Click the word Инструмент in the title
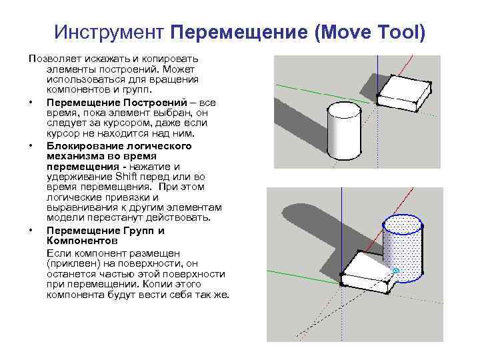coord(110,32)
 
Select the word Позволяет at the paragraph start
coord(52,59)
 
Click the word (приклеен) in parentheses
coord(72,263)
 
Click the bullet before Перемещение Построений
coord(31,103)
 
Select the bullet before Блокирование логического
coord(31,146)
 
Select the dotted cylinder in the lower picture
coord(403,250)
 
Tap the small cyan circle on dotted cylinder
coord(395,271)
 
